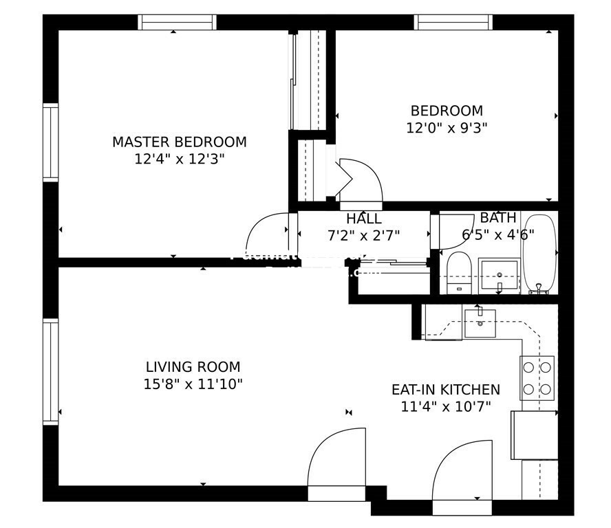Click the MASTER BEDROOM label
point(179,142)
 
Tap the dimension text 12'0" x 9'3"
point(447,127)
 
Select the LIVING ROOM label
point(193,367)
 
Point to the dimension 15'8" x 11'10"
point(193,384)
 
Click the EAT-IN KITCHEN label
point(445,390)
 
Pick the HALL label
point(364,219)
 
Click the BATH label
point(497,218)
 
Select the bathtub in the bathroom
point(539,254)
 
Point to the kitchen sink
point(480,322)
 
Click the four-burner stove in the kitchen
point(537,377)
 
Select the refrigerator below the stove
point(534,434)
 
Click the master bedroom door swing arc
point(268,234)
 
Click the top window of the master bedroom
point(177,22)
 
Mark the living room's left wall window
point(51,371)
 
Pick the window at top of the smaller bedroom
point(453,22)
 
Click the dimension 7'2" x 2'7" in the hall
point(364,234)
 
